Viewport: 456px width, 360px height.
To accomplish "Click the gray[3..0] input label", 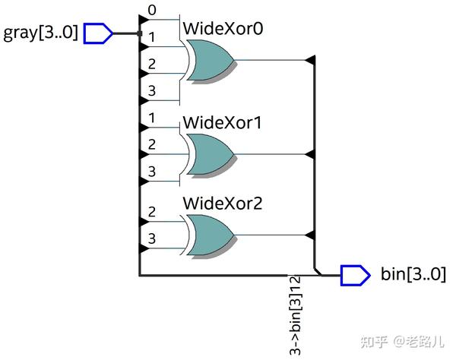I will (41, 33).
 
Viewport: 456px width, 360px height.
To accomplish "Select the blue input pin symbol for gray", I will (98, 33).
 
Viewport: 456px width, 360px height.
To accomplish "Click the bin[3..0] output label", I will (413, 274).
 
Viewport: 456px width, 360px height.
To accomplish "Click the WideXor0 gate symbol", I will (209, 61).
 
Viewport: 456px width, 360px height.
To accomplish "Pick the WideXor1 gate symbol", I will (209, 154).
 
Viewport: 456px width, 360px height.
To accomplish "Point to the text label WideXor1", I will (222, 122).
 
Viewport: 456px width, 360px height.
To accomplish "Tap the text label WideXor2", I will (222, 204).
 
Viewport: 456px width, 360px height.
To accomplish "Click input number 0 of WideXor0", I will (152, 11).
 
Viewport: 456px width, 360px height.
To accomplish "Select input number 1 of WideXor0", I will (152, 36).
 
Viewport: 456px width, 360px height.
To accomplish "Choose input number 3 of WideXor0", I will (152, 90).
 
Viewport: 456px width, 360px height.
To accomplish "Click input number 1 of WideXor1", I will (152, 118).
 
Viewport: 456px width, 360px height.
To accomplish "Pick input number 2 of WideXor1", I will (152, 144).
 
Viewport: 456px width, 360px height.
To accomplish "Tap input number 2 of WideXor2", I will (152, 212).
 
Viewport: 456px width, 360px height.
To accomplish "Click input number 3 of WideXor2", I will (152, 238).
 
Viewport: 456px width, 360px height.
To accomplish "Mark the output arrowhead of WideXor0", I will (309, 60).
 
